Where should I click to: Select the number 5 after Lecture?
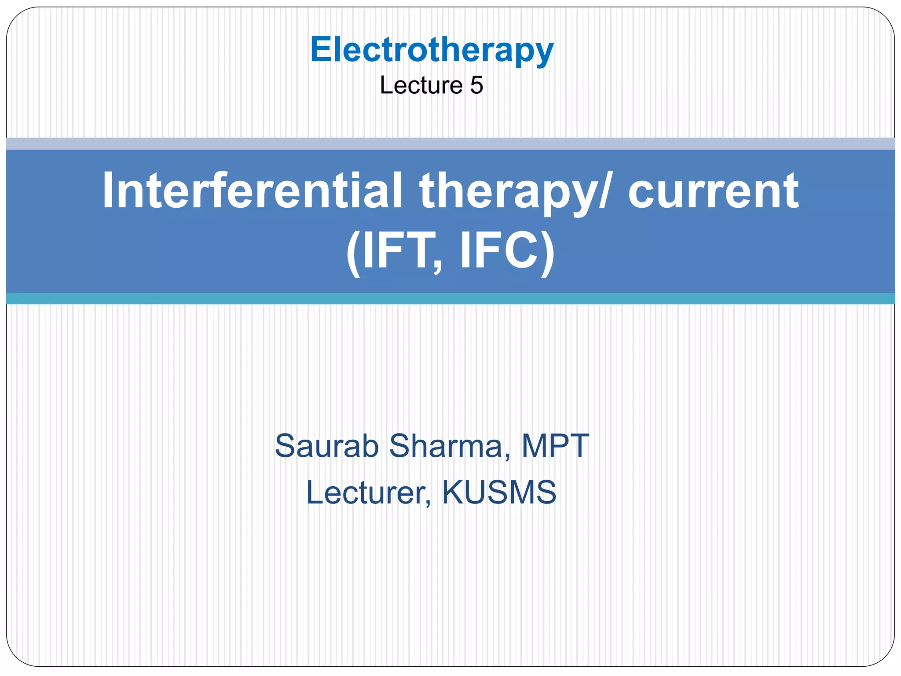pos(476,85)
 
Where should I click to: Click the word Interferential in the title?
pos(252,191)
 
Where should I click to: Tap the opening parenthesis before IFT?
pos(353,253)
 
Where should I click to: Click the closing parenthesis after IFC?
pos(547,253)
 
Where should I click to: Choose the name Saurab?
pos(327,446)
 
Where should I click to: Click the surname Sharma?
pos(446,446)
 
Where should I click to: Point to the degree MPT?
pos(555,446)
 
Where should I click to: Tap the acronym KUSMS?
pos(499,492)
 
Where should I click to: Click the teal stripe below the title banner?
pos(450,298)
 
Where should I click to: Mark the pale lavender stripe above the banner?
pos(450,143)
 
